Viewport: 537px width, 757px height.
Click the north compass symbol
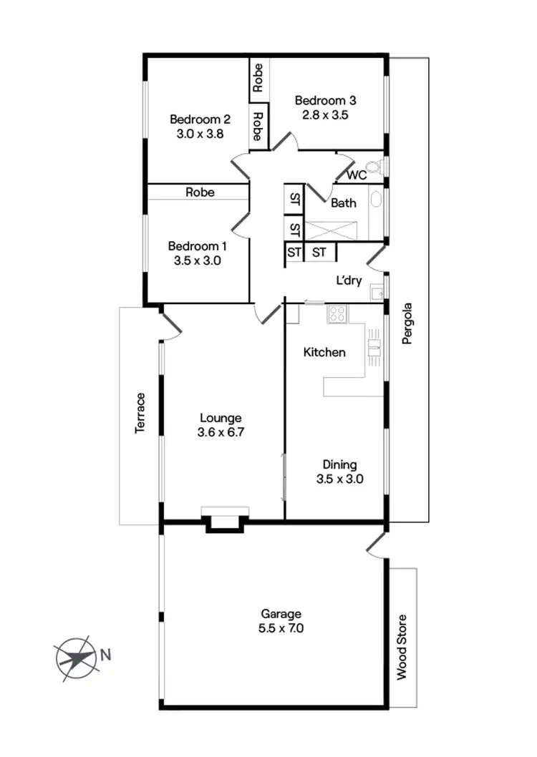pos(75,656)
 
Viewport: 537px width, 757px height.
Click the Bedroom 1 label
pos(197,247)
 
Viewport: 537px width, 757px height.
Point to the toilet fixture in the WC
pos(379,167)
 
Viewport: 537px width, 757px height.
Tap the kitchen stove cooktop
pos(337,313)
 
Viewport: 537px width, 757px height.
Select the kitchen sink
pos(373,348)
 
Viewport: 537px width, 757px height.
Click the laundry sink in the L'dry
pos(377,292)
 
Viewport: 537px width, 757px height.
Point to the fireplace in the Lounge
pos(225,519)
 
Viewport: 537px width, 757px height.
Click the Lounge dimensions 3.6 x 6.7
pos(221,433)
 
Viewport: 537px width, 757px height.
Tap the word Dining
pos(339,464)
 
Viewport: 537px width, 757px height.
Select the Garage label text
pos(281,614)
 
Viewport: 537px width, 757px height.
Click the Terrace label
pos(140,413)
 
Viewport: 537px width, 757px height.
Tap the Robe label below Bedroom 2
pos(200,192)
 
